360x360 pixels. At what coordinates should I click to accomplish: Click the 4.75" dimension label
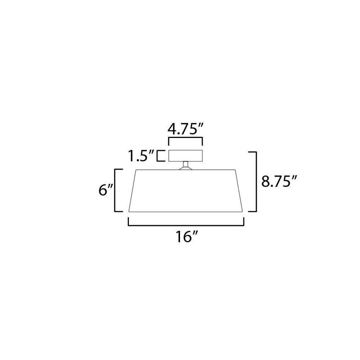[x=185, y=129]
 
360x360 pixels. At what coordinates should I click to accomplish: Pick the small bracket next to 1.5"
[x=161, y=156]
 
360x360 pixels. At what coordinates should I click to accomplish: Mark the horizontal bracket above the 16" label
[x=186, y=225]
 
